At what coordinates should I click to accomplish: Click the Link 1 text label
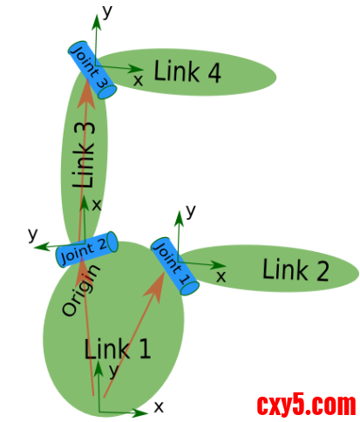(118, 350)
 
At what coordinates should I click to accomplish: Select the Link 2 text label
(295, 270)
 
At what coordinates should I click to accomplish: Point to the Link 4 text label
(187, 72)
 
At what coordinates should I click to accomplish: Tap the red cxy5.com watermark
(306, 405)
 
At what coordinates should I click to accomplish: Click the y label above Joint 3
(107, 10)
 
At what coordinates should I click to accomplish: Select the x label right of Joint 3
(138, 80)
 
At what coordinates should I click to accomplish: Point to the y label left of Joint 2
(32, 234)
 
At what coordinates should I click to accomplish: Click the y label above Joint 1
(191, 211)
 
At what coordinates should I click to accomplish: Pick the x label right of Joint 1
(221, 276)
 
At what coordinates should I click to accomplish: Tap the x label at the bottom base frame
(159, 406)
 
